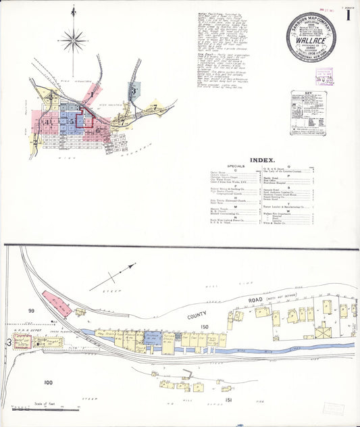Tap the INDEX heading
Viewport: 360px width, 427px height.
point(262,160)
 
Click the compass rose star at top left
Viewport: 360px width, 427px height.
point(73,41)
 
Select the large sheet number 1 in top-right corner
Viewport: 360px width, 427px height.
point(348,15)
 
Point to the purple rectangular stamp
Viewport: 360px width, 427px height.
point(325,76)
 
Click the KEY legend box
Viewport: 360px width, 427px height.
point(308,112)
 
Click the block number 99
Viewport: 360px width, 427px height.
point(30,310)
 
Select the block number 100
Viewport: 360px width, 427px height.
point(47,382)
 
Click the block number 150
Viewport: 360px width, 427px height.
point(204,326)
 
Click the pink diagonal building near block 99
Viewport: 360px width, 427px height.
point(57,303)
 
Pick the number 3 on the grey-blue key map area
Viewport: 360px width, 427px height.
point(136,90)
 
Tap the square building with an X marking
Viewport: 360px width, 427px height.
point(324,333)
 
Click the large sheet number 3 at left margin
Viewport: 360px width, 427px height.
point(9,343)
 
